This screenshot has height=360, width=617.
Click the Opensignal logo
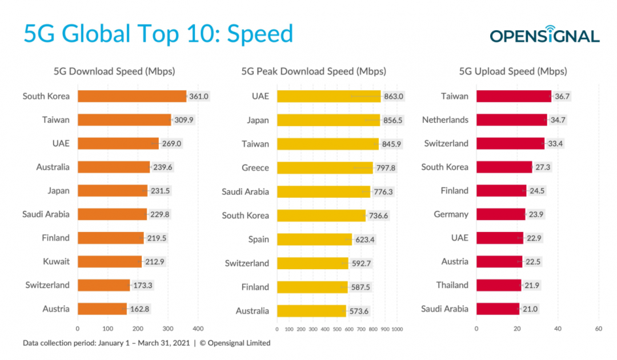pyautogui.click(x=544, y=35)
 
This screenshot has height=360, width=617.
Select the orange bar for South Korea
pyautogui.click(x=132, y=96)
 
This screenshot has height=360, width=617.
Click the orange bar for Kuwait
pyautogui.click(x=109, y=262)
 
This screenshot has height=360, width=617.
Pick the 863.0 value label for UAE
pyautogui.click(x=394, y=97)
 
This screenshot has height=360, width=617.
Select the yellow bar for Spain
pyautogui.click(x=314, y=239)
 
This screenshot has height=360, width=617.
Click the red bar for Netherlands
pyautogui.click(x=511, y=120)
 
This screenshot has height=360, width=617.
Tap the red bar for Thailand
pyautogui.click(x=499, y=285)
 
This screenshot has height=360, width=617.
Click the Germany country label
pyautogui.click(x=451, y=214)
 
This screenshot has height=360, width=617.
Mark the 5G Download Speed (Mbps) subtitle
pyautogui.click(x=114, y=71)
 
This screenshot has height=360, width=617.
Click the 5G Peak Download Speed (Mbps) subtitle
pyautogui.click(x=314, y=71)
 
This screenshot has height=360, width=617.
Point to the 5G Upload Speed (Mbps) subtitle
pyautogui.click(x=513, y=71)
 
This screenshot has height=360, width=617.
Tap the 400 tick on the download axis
pyautogui.click(x=198, y=329)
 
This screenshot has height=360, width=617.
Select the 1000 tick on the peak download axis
pyautogui.click(x=397, y=330)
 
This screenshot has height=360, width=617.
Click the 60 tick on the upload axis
pyautogui.click(x=598, y=329)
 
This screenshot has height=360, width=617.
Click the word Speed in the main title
pyautogui.click(x=260, y=34)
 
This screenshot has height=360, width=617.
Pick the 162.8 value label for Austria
pyautogui.click(x=139, y=309)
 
